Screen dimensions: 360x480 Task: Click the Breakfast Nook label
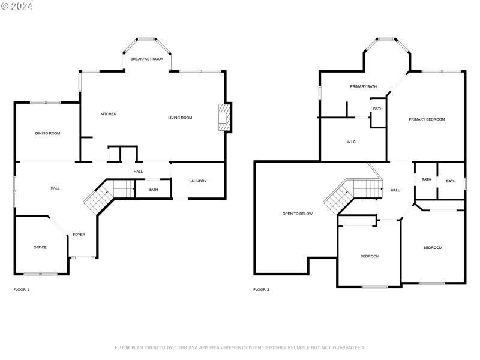point(147,59)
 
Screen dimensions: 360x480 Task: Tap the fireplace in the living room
point(224,117)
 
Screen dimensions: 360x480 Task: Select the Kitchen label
point(108,114)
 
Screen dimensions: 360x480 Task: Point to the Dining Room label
point(47,133)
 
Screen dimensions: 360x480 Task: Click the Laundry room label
point(198,181)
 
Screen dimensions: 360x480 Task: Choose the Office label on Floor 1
point(40,247)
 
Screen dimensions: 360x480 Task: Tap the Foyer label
point(79,235)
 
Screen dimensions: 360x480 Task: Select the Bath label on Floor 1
point(153,190)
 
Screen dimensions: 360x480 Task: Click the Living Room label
point(180,118)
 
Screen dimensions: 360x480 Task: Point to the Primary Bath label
point(364,87)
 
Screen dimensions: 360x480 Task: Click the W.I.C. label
point(352,142)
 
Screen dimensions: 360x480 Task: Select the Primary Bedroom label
point(427,119)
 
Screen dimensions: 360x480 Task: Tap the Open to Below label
point(298,214)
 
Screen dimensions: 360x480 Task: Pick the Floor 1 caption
point(21,290)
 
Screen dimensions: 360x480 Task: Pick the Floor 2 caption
point(261,290)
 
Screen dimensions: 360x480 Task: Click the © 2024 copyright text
point(17,6)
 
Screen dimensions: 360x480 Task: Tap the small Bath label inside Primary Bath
point(377,109)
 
